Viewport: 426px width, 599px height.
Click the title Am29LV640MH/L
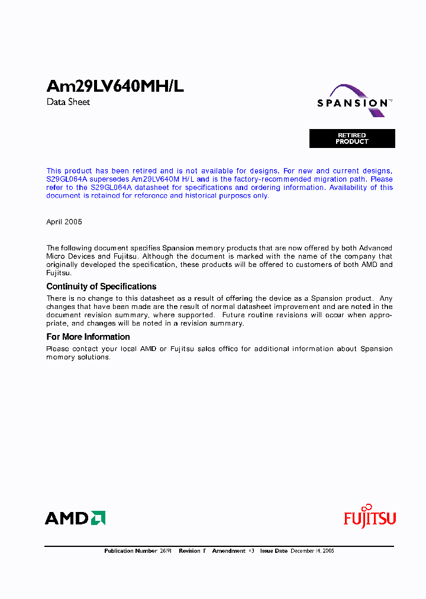115,86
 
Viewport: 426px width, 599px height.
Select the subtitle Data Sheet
68,102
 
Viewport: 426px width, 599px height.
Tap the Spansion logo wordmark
353,103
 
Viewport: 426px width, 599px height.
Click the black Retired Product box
352,139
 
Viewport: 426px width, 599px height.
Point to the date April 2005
64,222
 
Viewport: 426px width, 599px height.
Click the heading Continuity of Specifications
101,286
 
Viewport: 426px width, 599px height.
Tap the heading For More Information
88,337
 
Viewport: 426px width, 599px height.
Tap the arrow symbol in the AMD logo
98,519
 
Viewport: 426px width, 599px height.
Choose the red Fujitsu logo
370,517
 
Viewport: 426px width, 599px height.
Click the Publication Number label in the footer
131,551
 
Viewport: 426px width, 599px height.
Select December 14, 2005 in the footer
312,551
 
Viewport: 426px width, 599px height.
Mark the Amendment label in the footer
228,551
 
